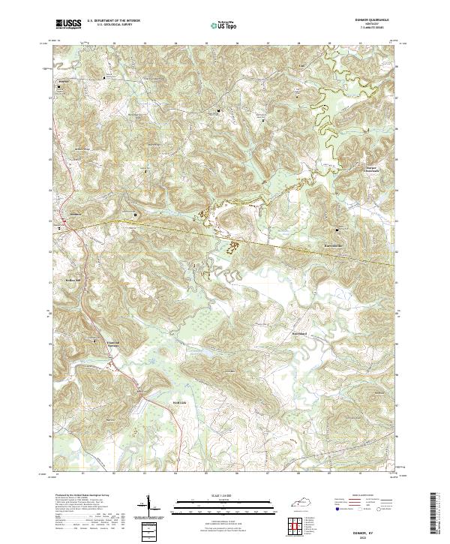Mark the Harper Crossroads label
351,169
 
